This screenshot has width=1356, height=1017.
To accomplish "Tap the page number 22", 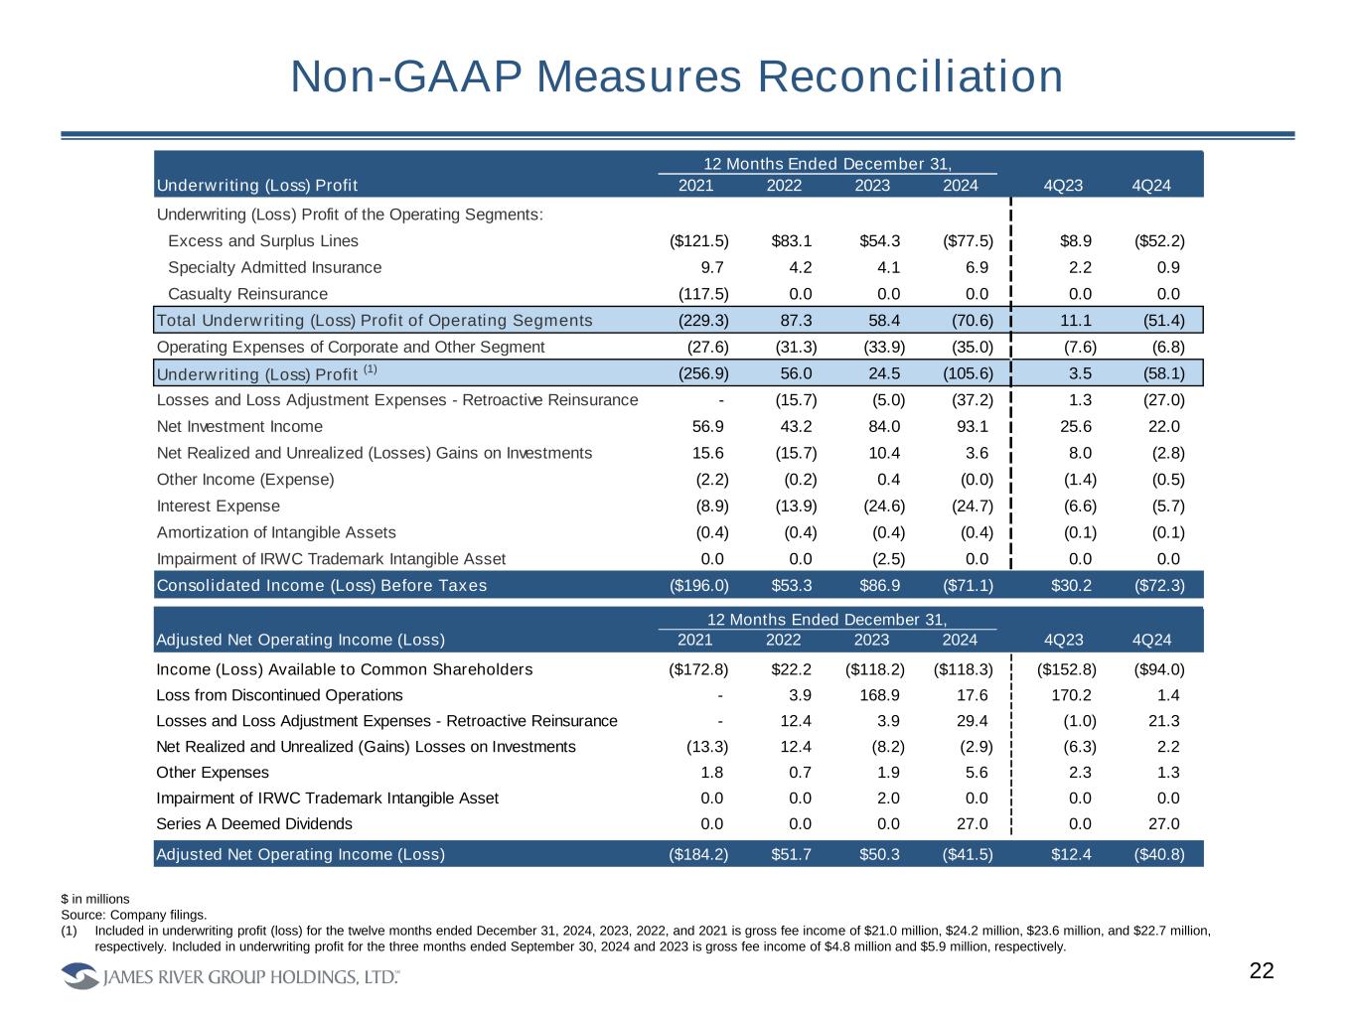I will pyautogui.click(x=1261, y=971).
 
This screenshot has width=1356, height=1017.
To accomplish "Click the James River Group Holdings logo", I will pyautogui.click(x=230, y=977).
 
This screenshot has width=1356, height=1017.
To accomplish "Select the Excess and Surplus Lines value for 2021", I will pyautogui.click(x=699, y=240).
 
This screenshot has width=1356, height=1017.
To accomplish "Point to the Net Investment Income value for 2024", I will pyautogui.click(x=971, y=426).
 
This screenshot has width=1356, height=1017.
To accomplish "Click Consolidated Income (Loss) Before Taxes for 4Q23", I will pyautogui.click(x=1071, y=585).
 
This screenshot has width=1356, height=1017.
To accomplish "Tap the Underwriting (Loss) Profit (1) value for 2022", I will pyautogui.click(x=793, y=373).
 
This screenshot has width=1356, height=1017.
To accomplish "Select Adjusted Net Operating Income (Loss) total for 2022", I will pyautogui.click(x=792, y=854).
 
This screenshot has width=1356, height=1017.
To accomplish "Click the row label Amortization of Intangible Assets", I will pyautogui.click(x=276, y=532).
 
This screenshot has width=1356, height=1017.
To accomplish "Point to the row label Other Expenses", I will pyautogui.click(x=213, y=772).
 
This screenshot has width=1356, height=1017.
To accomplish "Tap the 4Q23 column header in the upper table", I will pyautogui.click(x=1063, y=186).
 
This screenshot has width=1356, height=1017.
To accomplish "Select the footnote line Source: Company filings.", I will pyautogui.click(x=134, y=914).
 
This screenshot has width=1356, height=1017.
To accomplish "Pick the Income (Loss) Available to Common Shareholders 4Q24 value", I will pyautogui.click(x=1159, y=668).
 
